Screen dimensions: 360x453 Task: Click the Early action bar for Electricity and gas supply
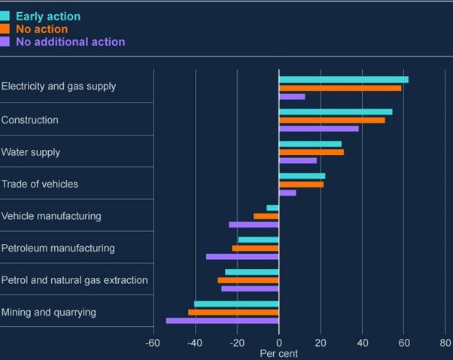pos(343,79)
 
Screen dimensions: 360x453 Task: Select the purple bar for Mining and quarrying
pos(222,321)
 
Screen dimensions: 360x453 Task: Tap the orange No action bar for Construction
pos(332,120)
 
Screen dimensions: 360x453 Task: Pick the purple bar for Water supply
pos(297,160)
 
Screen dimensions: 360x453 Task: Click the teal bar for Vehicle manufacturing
pos(272,208)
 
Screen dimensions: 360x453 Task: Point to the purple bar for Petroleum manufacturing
pos(242,256)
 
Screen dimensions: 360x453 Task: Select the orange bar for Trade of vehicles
pos(301,184)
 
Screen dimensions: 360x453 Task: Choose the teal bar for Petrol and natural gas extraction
pos(251,272)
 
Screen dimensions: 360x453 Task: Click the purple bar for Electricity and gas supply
pos(292,96)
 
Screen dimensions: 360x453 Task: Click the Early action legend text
pos(48,16)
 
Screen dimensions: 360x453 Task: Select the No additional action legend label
pos(70,41)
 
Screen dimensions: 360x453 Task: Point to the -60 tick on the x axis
pos(154,343)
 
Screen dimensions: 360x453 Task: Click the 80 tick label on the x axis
pos(445,343)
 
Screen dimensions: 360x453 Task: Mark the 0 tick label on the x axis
pos(279,343)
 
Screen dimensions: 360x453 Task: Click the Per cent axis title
pos(279,353)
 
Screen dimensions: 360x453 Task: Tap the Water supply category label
pos(31,152)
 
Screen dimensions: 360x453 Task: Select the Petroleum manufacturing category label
pos(58,248)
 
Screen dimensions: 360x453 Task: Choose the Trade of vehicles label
pos(40,184)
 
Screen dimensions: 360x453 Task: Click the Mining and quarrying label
pos(49,312)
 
